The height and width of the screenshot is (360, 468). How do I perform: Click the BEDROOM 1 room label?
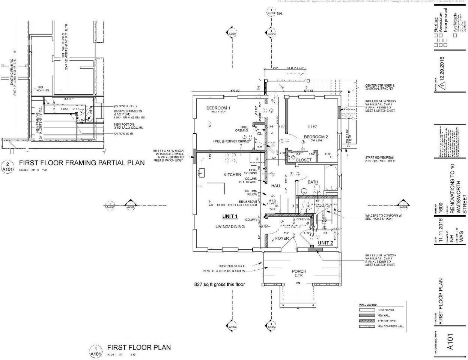click(x=218, y=108)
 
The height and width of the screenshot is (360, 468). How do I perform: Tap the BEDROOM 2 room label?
click(x=316, y=137)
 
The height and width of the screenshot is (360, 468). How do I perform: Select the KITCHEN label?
click(x=232, y=175)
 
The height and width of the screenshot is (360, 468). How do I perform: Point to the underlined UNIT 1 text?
click(x=230, y=216)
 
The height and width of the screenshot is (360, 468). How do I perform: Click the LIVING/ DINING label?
click(x=230, y=226)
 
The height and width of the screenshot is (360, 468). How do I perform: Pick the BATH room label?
click(x=313, y=182)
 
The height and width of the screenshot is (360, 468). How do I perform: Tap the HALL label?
click(x=276, y=186)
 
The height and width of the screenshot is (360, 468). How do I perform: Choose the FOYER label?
click(x=282, y=238)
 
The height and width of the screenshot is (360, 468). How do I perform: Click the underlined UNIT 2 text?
click(x=325, y=243)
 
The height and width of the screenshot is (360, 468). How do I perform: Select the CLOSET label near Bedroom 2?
click(x=304, y=160)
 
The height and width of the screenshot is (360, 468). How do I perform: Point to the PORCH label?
click(x=299, y=271)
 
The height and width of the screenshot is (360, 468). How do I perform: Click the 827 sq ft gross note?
click(x=219, y=285)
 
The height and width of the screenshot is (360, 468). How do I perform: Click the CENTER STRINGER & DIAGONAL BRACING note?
click(x=379, y=87)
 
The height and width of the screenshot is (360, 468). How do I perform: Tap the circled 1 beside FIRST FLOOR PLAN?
click(x=95, y=348)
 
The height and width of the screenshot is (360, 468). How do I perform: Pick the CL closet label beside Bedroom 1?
click(x=259, y=133)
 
